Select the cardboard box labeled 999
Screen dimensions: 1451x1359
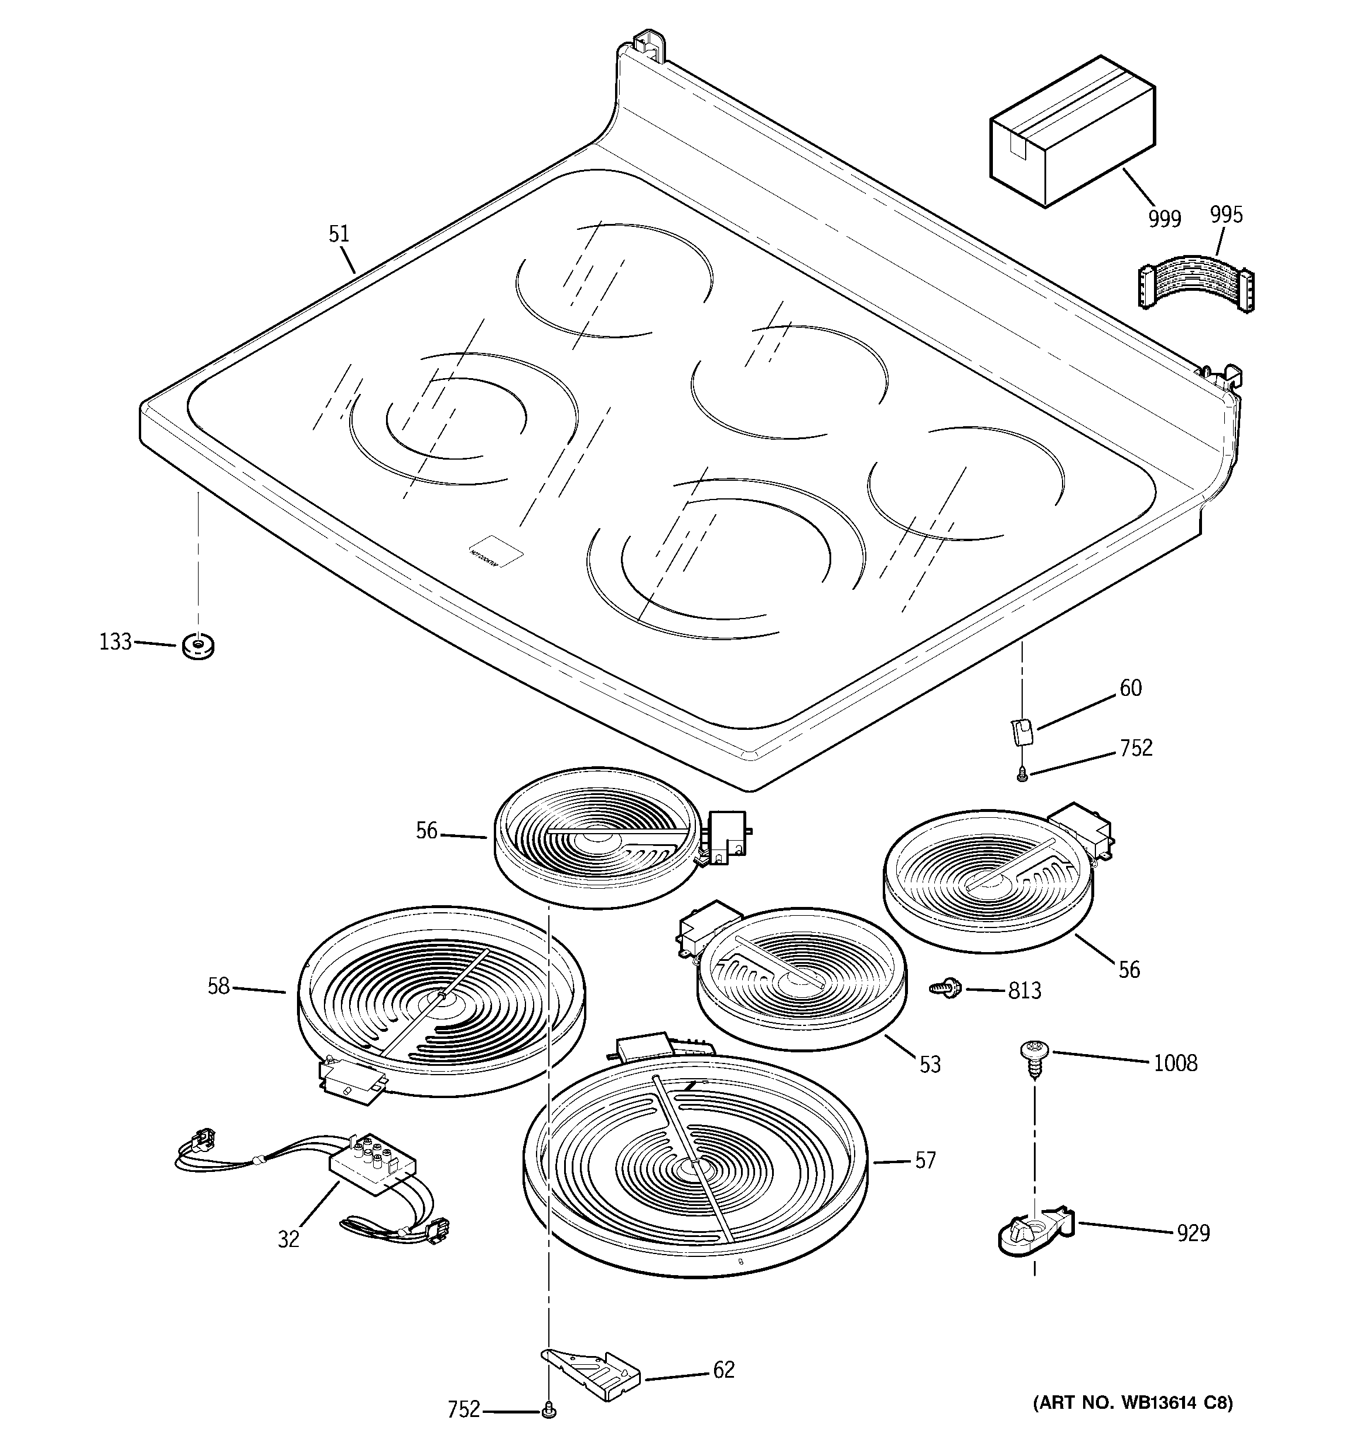click(x=1071, y=132)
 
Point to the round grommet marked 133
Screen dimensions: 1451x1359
click(x=197, y=645)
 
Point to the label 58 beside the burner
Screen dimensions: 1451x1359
click(x=218, y=987)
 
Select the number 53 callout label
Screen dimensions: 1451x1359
click(x=930, y=1064)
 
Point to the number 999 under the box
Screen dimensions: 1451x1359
click(x=1165, y=219)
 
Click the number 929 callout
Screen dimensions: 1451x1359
click(x=1193, y=1233)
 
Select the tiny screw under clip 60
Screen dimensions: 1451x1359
click(x=1022, y=777)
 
